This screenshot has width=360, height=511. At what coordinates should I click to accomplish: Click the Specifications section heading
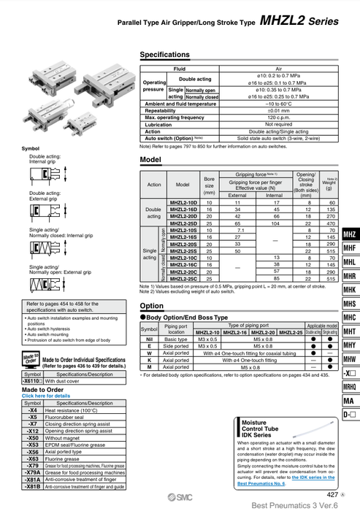point(164,55)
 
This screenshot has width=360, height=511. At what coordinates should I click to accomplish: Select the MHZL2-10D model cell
point(183,201)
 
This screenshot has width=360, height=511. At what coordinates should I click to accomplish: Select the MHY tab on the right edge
point(349,345)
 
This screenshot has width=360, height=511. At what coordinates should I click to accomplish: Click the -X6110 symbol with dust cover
point(34,380)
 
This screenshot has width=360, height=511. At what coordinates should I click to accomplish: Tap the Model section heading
point(150,159)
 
